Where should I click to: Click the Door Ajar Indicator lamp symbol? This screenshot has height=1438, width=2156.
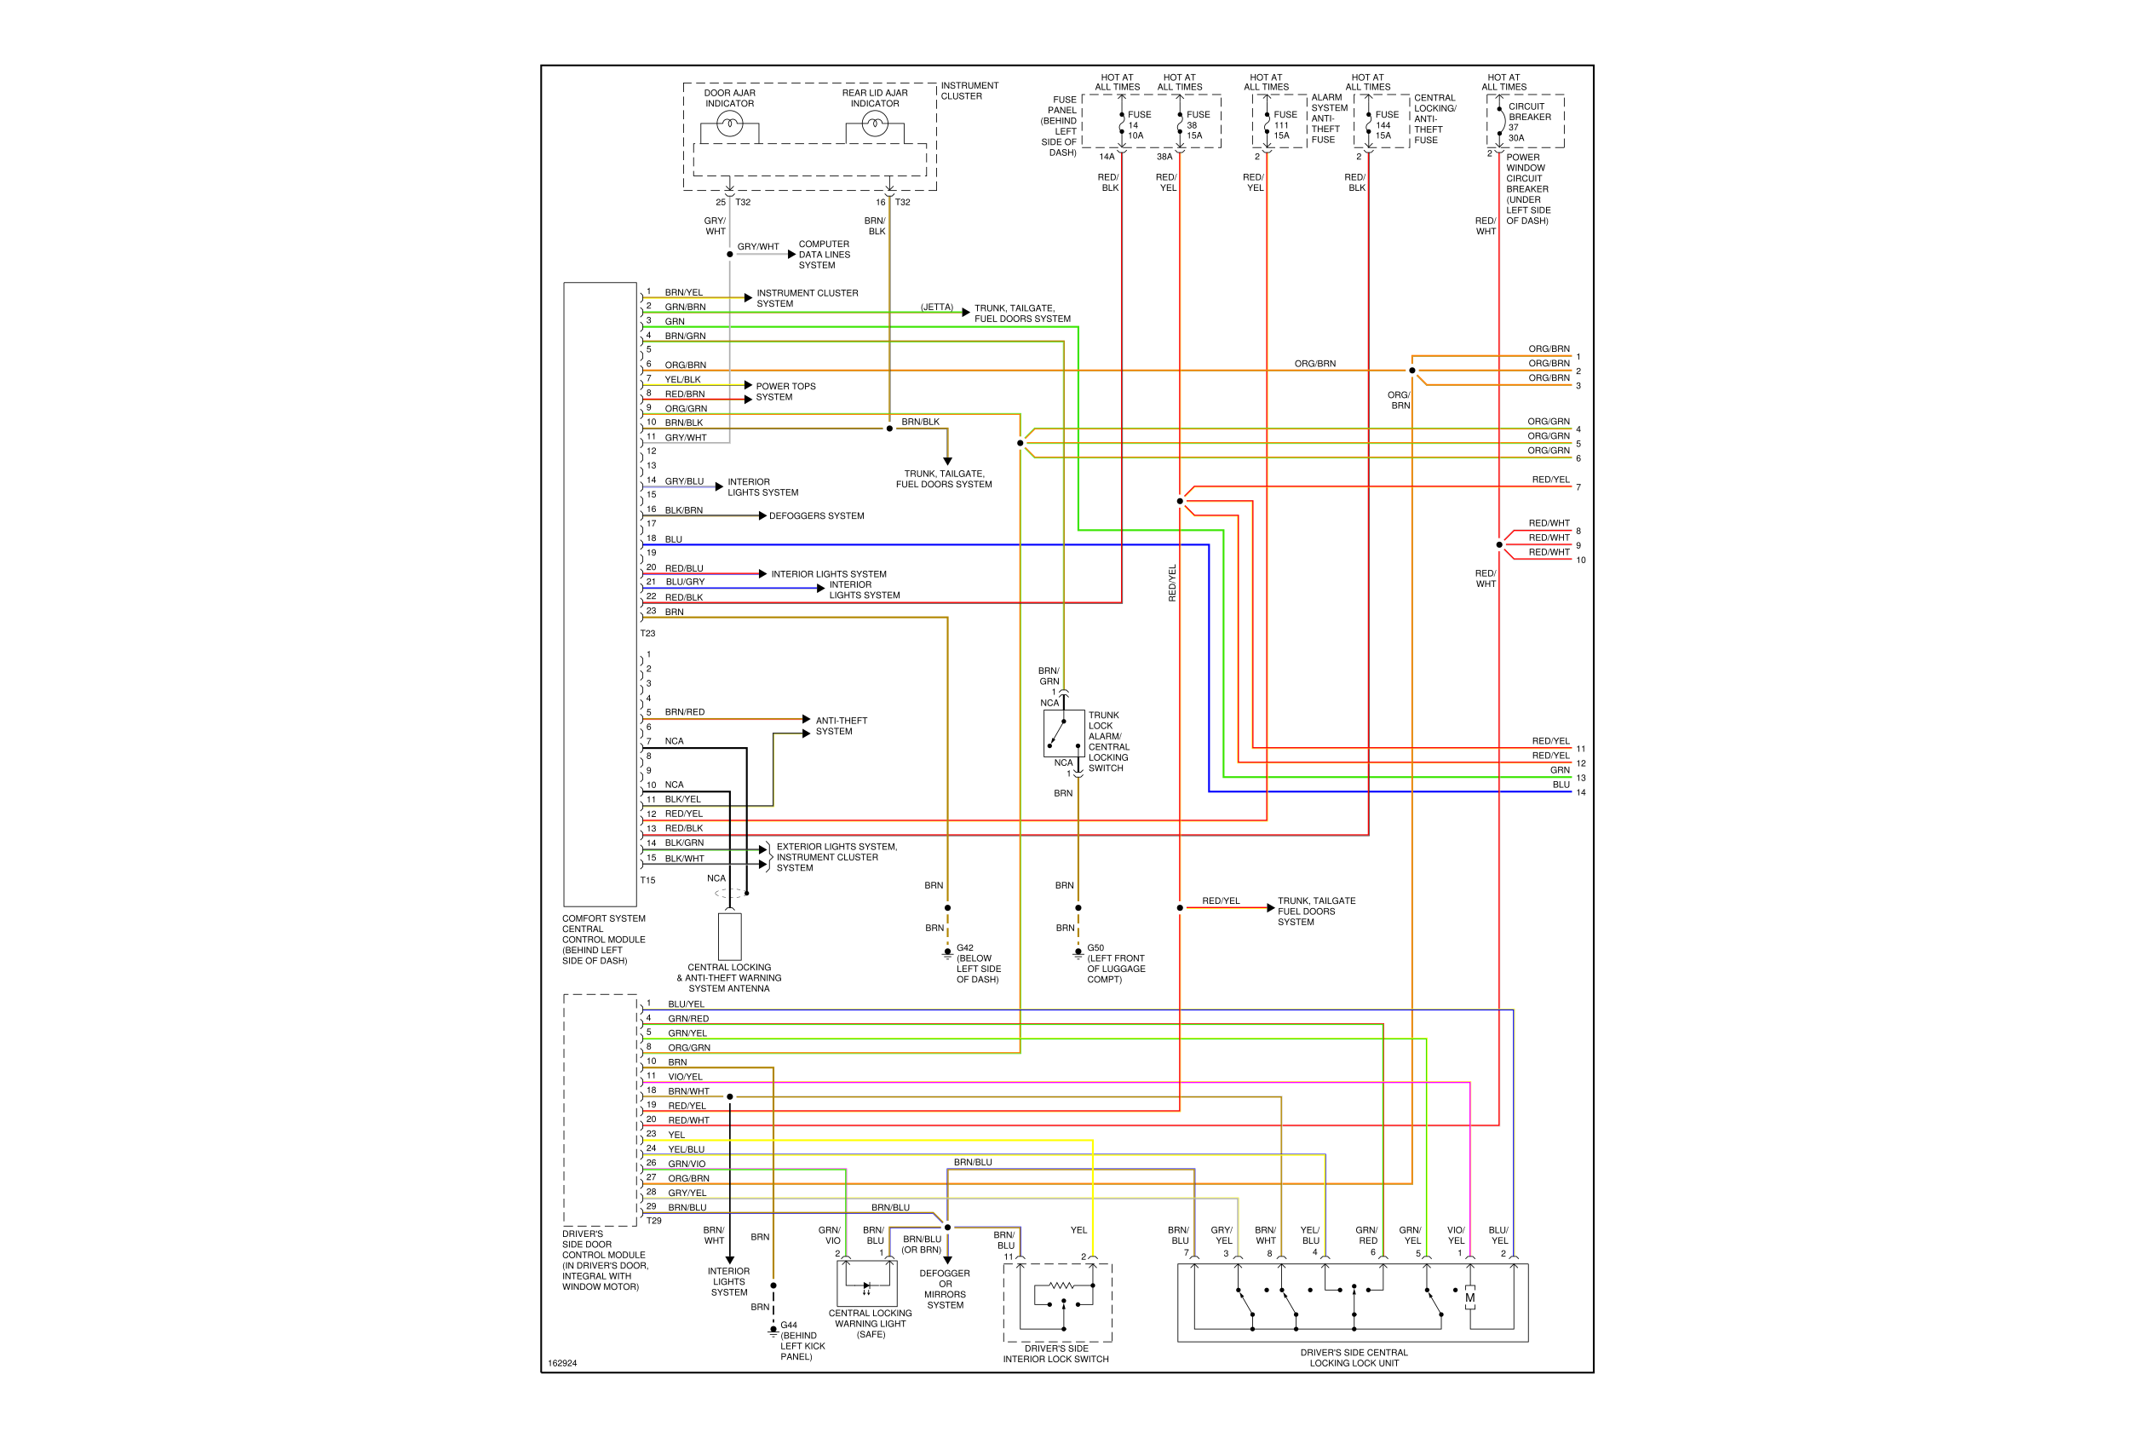pos(729,124)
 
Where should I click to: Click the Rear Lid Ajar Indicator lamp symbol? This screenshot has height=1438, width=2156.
pos(875,124)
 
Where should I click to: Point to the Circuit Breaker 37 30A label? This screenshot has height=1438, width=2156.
pos(1530,122)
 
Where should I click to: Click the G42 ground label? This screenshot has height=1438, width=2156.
pos(965,947)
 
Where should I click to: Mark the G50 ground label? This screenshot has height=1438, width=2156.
pos(1095,947)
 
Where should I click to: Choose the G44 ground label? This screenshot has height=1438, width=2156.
pos(789,1326)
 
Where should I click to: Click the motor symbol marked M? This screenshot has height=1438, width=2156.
pos(1470,1297)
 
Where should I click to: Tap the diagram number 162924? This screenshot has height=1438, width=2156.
pos(562,1363)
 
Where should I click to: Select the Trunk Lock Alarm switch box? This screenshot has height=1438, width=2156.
pos(1064,733)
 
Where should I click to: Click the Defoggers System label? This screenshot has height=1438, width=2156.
pos(816,516)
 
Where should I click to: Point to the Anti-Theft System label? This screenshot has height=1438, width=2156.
pos(841,727)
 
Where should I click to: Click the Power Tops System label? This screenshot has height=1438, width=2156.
pos(785,392)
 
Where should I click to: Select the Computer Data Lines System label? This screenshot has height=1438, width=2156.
pos(824,255)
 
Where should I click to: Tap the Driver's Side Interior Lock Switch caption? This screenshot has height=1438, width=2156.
pos(1055,1354)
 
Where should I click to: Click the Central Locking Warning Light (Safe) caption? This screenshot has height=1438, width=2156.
pos(871,1323)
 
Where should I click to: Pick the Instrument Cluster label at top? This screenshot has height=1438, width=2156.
pos(969,91)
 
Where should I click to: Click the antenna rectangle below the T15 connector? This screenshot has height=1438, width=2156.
pos(729,936)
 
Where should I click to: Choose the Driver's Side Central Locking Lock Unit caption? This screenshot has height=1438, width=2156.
pos(1354,1357)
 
